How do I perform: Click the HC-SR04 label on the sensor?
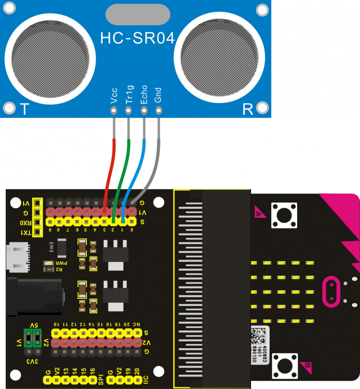[x=137, y=38]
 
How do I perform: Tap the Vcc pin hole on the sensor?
[x=114, y=111]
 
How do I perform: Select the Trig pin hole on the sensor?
[x=129, y=111]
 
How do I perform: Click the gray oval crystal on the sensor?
[x=137, y=14]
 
